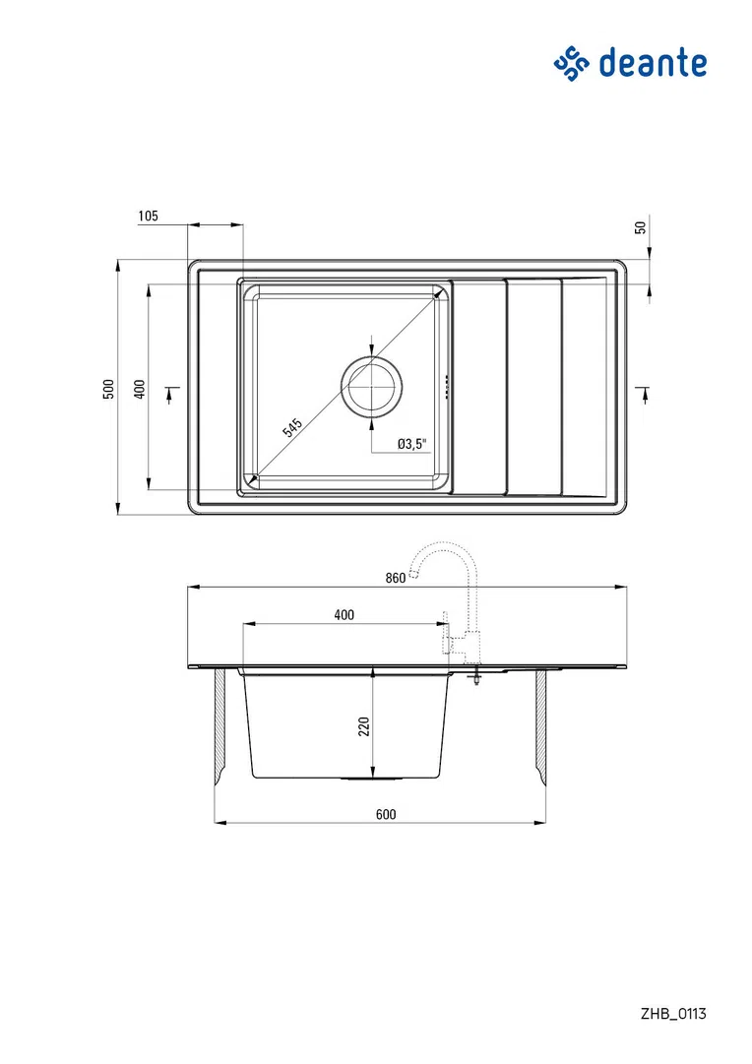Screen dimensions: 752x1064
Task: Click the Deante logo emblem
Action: pyautogui.click(x=572, y=64)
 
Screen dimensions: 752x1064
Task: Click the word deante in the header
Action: pyautogui.click(x=653, y=63)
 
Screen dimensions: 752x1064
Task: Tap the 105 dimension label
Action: pyautogui.click(x=148, y=216)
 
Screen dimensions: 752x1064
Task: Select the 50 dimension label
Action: pyautogui.click(x=640, y=228)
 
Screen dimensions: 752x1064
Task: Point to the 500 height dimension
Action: pyautogui.click(x=109, y=389)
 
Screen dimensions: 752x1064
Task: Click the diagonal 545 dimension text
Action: pyautogui.click(x=291, y=427)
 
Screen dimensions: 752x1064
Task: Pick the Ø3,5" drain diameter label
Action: pyautogui.click(x=412, y=444)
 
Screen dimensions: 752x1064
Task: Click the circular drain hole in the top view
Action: pyautogui.click(x=371, y=388)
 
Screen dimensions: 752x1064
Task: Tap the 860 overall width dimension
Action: pyautogui.click(x=395, y=578)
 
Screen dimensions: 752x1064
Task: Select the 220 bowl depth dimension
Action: pyautogui.click(x=364, y=726)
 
